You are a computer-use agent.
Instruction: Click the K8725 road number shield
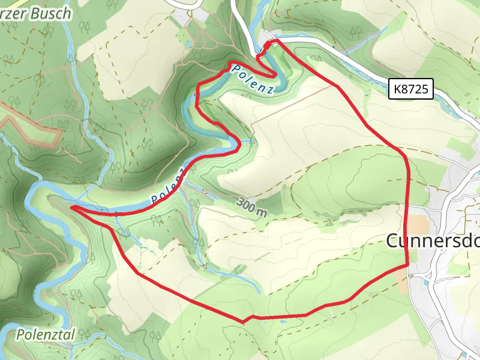[411, 90]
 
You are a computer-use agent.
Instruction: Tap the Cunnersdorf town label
[432, 241]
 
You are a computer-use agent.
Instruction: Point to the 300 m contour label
[252, 206]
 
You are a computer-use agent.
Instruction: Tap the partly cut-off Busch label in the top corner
[36, 13]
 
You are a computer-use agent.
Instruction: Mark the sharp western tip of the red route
[72, 208]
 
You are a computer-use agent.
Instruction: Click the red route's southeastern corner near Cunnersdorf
[407, 264]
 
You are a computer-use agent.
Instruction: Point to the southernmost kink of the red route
[244, 322]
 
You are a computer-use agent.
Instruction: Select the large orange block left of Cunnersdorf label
[419, 226]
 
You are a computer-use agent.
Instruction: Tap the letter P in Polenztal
[21, 335]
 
